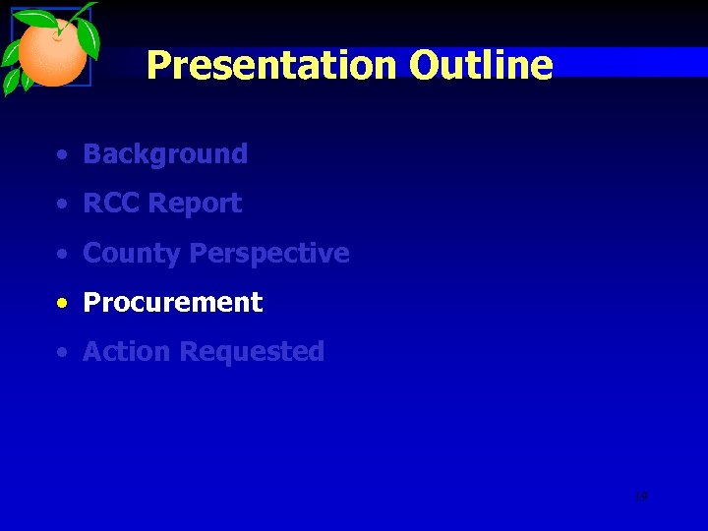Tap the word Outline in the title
click(481, 66)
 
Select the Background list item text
click(165, 154)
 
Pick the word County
click(132, 254)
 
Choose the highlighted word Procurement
click(173, 303)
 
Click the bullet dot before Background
click(62, 155)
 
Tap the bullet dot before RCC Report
click(62, 205)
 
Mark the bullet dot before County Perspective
click(62, 255)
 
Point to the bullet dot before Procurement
click(62, 304)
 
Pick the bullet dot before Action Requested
click(62, 353)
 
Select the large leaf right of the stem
click(88, 37)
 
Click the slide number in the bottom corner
click(641, 497)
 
